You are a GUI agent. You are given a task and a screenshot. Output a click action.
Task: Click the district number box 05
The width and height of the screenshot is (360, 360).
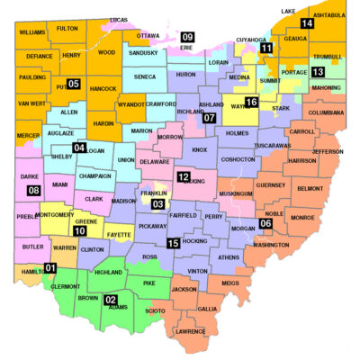pyautogui.click(x=74, y=85)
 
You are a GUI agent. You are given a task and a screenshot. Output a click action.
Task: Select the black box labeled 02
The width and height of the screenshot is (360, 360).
pyautogui.click(x=111, y=300)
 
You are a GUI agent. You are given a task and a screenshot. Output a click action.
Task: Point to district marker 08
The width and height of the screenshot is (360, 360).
pyautogui.click(x=34, y=191)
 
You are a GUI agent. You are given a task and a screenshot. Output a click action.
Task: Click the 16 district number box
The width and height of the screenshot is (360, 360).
pyautogui.click(x=251, y=103)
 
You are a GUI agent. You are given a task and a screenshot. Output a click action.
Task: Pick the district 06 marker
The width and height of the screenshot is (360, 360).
pyautogui.click(x=265, y=223)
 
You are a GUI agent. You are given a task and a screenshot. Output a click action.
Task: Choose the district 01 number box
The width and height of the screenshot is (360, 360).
pyautogui.click(x=50, y=268)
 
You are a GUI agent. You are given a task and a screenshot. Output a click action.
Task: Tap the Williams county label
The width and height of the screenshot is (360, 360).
pyautogui.click(x=31, y=31)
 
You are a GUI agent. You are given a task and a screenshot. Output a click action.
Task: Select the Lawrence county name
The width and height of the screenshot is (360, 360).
pyautogui.click(x=190, y=331)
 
